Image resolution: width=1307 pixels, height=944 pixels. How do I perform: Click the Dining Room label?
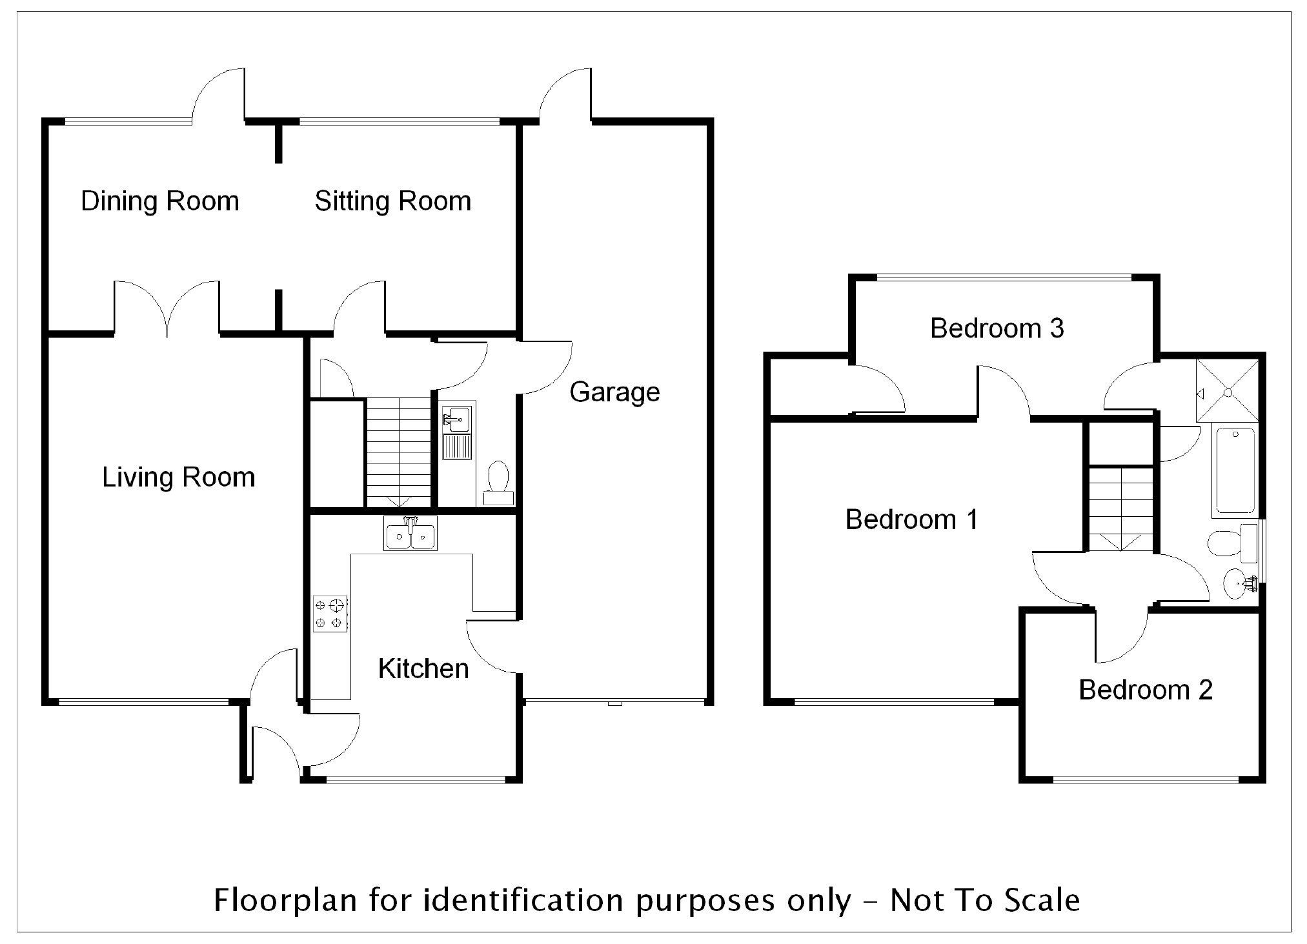pyautogui.click(x=160, y=201)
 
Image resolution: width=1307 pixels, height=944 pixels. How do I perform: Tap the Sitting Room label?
pyautogui.click(x=392, y=201)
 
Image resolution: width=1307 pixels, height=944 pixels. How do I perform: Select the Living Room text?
pyautogui.click(x=179, y=477)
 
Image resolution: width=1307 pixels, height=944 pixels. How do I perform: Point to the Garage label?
pyautogui.click(x=614, y=392)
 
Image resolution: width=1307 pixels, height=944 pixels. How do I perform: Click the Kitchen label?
pyautogui.click(x=423, y=669)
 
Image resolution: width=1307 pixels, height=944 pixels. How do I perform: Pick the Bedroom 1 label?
pyautogui.click(x=911, y=519)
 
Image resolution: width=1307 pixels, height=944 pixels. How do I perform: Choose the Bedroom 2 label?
pyautogui.click(x=1146, y=690)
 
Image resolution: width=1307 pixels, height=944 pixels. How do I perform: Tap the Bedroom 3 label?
pyautogui.click(x=997, y=328)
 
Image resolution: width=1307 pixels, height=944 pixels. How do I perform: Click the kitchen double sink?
pyautogui.click(x=410, y=534)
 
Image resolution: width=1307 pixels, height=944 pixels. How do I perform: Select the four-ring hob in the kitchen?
pyautogui.click(x=330, y=614)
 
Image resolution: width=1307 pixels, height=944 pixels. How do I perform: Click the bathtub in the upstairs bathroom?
pyautogui.click(x=1235, y=471)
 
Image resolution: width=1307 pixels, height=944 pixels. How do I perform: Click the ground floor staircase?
pyautogui.click(x=398, y=452)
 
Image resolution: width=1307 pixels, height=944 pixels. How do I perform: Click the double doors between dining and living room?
pyautogui.click(x=167, y=310)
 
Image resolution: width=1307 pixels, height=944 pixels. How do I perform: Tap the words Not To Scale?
pyautogui.click(x=985, y=900)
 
